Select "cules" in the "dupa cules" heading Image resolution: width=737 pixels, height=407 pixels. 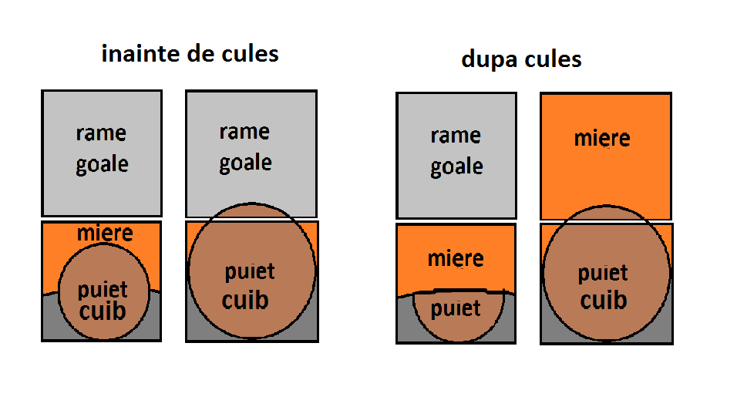pos(553,59)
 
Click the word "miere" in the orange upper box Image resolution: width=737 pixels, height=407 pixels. pos(602,138)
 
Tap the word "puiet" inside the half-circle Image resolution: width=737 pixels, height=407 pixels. pos(456,309)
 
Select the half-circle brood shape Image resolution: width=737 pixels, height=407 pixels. pos(458,316)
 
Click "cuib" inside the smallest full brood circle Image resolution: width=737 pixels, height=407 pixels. pos(103,311)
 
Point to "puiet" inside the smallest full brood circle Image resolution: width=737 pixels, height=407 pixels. pos(103,290)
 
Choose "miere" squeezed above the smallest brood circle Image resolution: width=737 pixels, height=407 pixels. pos(105,233)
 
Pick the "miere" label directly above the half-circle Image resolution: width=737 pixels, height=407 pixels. pos(456,258)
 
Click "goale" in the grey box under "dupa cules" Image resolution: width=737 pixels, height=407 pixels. pos(456,166)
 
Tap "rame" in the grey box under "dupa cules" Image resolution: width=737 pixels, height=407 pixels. pos(456,136)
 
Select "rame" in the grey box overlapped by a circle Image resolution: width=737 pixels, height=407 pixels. pos(244,132)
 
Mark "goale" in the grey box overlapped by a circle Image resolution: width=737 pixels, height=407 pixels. pos(245,163)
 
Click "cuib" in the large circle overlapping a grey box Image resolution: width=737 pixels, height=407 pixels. pos(245,301)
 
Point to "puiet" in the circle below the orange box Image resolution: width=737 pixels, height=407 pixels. pos(603,274)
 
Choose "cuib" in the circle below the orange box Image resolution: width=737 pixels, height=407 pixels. pos(604,301)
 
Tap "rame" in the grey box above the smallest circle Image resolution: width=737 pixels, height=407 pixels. pos(101,133)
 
